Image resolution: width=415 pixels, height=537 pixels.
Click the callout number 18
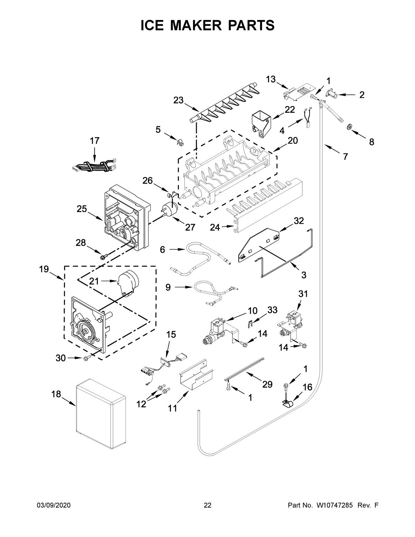pyautogui.click(x=56, y=394)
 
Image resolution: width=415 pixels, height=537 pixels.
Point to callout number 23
pyautogui.click(x=178, y=100)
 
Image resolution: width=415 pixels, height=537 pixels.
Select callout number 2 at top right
pyautogui.click(x=362, y=94)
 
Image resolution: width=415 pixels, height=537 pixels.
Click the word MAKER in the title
pyautogui.click(x=207, y=25)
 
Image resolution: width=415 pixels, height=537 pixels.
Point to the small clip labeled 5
pyautogui.click(x=179, y=142)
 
